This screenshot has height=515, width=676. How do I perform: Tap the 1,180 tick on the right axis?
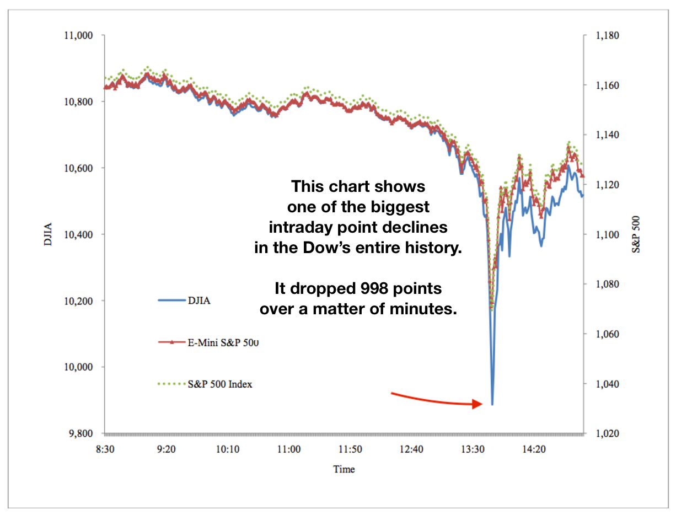pyautogui.click(x=608, y=35)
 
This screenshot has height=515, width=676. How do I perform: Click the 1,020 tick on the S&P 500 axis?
pyautogui.click(x=608, y=433)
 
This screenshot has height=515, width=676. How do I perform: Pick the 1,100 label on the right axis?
pyautogui.click(x=608, y=234)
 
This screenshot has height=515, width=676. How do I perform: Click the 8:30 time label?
pyautogui.click(x=105, y=449)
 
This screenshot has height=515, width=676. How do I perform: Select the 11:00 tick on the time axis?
pyautogui.click(x=289, y=449)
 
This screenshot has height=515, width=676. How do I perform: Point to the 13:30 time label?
pyautogui.click(x=473, y=449)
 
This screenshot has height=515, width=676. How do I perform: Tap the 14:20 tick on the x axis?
pyautogui.click(x=534, y=449)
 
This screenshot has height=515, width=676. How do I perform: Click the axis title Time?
pyautogui.click(x=344, y=469)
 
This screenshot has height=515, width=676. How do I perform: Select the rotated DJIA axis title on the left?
pyautogui.click(x=48, y=234)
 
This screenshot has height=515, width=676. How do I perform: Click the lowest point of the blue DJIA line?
pyautogui.click(x=492, y=405)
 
